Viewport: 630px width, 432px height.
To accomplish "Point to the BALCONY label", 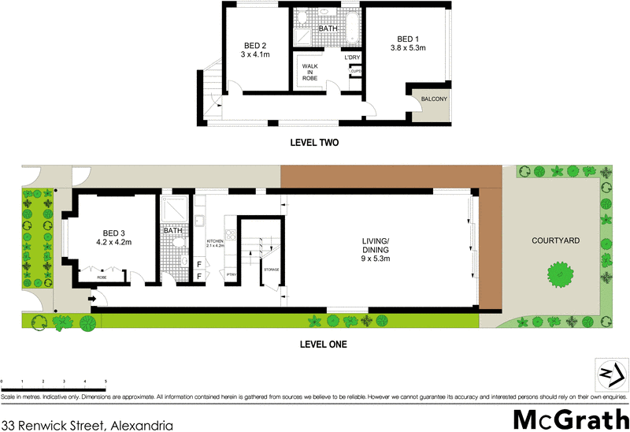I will [x=434, y=99].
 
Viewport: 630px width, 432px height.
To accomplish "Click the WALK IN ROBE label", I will [x=310, y=73].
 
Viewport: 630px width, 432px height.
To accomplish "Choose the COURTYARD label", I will [x=555, y=240].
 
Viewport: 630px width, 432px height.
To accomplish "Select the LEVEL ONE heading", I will [x=323, y=344].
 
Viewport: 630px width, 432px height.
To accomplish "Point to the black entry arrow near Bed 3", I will [x=92, y=299].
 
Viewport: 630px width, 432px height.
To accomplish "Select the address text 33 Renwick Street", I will [x=87, y=424].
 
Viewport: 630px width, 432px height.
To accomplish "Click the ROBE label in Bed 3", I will [x=102, y=277].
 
